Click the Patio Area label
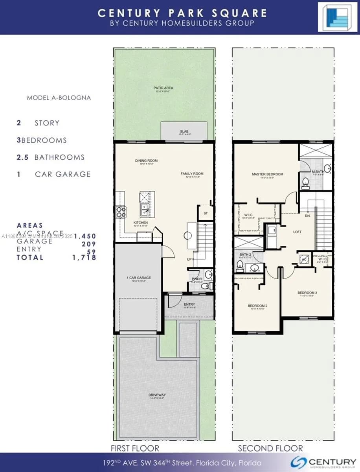(163, 88)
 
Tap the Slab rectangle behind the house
(184, 131)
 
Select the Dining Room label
(146, 160)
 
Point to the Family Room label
(192, 173)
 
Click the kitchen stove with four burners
(121, 212)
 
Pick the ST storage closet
(206, 213)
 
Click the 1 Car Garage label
(139, 278)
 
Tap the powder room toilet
(205, 286)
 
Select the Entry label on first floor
(189, 304)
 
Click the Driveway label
(157, 395)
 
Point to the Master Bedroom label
(267, 174)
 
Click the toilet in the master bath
(305, 182)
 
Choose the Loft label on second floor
(298, 232)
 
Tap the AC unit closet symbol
(304, 258)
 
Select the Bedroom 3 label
(307, 293)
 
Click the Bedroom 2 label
(257, 306)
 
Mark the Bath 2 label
(245, 255)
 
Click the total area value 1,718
(84, 258)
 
